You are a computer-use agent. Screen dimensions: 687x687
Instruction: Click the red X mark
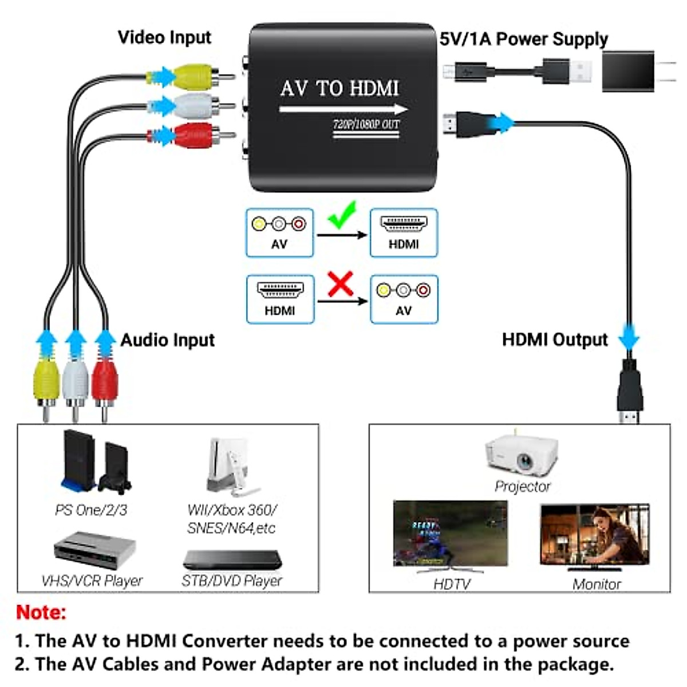point(340,284)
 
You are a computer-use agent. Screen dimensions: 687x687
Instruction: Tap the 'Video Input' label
point(164,38)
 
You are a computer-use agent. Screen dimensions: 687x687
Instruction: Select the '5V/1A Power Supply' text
point(523,39)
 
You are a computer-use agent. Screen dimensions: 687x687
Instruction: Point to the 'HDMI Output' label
point(554,340)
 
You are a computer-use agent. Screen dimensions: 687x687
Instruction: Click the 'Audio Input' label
point(167,340)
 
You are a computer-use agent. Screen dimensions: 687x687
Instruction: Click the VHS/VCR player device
point(94,550)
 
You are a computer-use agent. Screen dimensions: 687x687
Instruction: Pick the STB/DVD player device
point(232,559)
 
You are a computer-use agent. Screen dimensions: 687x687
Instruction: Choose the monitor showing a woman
point(595,535)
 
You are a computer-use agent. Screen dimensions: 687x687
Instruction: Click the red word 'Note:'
point(41,613)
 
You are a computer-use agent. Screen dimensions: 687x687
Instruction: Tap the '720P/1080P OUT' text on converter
point(366,124)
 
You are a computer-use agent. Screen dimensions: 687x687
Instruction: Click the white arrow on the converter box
point(343,109)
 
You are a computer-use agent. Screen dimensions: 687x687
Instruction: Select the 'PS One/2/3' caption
point(91,510)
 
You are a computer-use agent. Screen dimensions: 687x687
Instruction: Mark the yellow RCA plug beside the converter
point(195,76)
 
